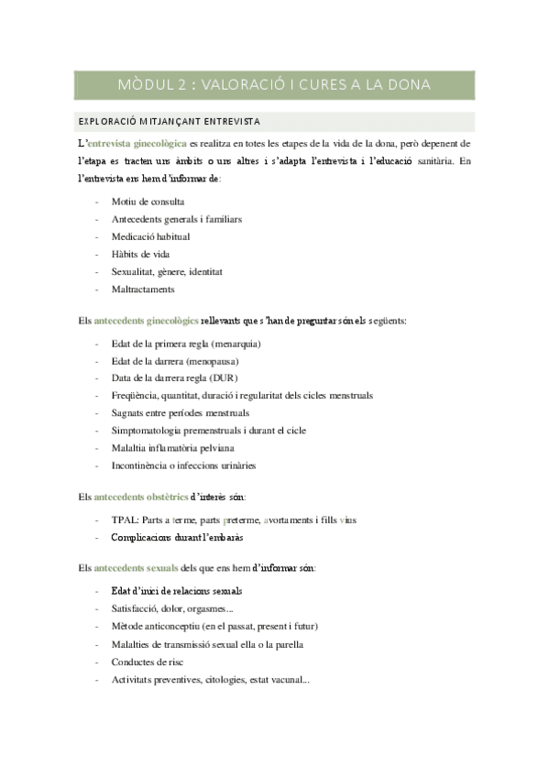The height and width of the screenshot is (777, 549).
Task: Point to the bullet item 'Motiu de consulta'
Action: [148, 202]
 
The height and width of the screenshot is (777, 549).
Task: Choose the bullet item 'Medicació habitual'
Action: [150, 236]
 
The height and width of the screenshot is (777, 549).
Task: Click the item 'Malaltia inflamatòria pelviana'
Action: [172, 448]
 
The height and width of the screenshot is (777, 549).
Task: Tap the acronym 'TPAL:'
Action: [125, 519]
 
